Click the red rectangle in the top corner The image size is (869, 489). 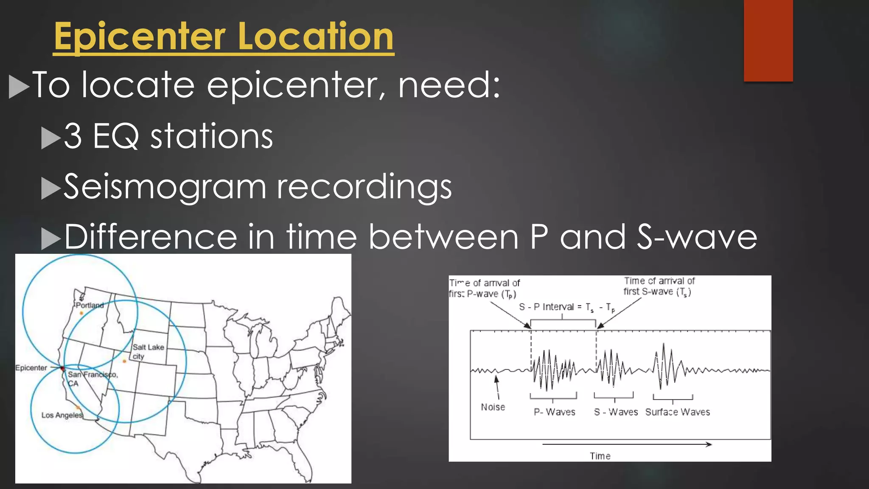pyautogui.click(x=768, y=40)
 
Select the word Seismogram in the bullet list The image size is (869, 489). pyautogui.click(x=165, y=187)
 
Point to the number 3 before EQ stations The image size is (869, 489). pyautogui.click(x=73, y=136)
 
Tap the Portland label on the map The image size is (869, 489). pyautogui.click(x=90, y=305)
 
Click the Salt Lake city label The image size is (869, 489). pyautogui.click(x=148, y=351)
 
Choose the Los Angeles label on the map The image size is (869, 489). pyautogui.click(x=62, y=415)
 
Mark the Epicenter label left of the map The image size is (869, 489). pyautogui.click(x=31, y=368)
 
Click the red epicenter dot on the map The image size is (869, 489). pyautogui.click(x=62, y=368)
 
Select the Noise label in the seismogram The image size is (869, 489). pyautogui.click(x=493, y=407)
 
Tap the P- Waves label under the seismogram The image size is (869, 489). pyautogui.click(x=554, y=412)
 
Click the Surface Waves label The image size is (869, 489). pyautogui.click(x=677, y=412)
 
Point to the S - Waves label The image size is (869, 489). pyautogui.click(x=616, y=412)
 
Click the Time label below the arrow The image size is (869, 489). pyautogui.click(x=600, y=456)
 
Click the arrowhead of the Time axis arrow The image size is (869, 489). pyautogui.click(x=709, y=444)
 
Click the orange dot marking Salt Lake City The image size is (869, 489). pyautogui.click(x=124, y=361)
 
